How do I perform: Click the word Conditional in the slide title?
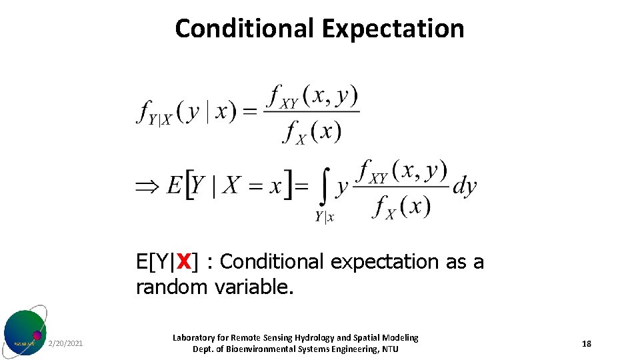[x=245, y=29]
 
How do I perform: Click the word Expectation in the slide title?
[x=393, y=29]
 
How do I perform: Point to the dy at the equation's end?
[x=465, y=186]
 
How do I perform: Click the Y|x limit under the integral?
[x=325, y=216]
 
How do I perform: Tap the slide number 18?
[x=587, y=344]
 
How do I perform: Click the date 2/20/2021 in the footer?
[x=66, y=344]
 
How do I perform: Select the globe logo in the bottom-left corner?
[x=25, y=332]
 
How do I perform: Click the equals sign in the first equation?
[x=249, y=112]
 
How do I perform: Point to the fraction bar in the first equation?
[x=311, y=111]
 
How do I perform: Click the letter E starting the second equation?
[x=175, y=185]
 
